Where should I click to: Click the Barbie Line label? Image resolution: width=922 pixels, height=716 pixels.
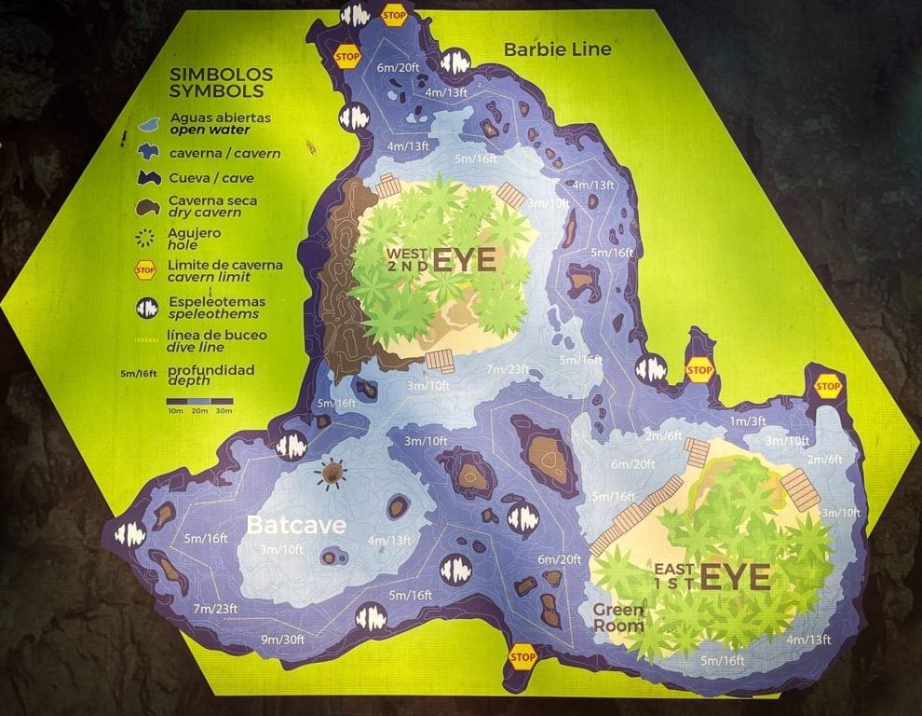[558, 48]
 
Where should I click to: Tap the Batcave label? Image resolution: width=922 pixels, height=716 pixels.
[295, 525]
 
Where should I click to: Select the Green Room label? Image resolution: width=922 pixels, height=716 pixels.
[618, 617]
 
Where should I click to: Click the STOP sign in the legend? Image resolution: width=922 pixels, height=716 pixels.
[145, 270]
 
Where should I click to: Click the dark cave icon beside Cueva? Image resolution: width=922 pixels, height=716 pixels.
[148, 177]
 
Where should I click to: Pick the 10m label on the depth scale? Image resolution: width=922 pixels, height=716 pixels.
[174, 410]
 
